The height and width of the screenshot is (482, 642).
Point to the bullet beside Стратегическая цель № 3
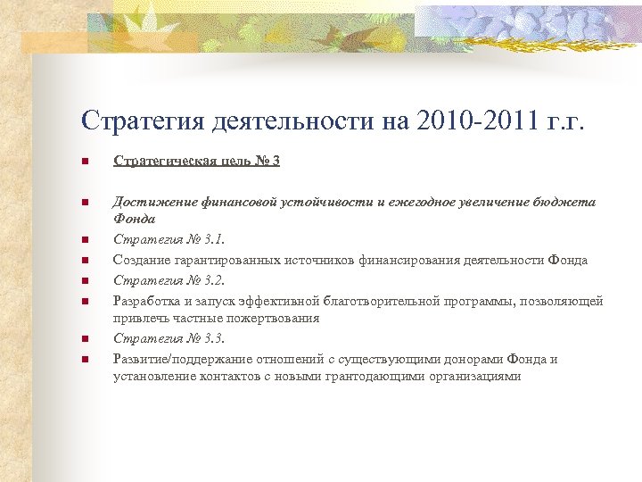click(83, 162)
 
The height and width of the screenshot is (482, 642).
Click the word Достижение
click(149, 203)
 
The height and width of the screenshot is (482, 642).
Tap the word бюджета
click(564, 203)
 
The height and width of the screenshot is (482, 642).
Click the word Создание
click(140, 260)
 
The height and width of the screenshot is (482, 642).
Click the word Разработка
click(146, 301)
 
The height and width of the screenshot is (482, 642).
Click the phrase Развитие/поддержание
click(179, 359)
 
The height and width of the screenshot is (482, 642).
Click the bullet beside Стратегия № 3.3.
click(83, 339)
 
